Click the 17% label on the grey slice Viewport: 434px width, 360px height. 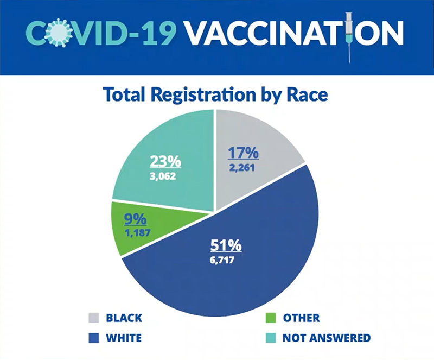pyautogui.click(x=243, y=153)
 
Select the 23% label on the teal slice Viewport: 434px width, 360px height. pyautogui.click(x=165, y=162)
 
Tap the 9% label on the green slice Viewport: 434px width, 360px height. pyautogui.click(x=135, y=219)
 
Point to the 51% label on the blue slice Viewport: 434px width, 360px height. pyautogui.click(x=226, y=245)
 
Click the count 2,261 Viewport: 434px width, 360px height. pyautogui.click(x=241, y=168)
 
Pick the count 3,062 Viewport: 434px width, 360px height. pyautogui.click(x=163, y=176)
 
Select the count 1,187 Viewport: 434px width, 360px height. pyautogui.click(x=137, y=233)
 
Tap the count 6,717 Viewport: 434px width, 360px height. pyautogui.click(x=222, y=260)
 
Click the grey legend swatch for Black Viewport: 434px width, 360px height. pyautogui.click(x=93, y=318)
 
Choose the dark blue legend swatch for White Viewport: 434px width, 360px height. pyautogui.click(x=93, y=338)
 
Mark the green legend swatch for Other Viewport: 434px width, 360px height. pyautogui.click(x=270, y=318)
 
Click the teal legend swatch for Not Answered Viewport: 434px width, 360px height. pyautogui.click(x=270, y=338)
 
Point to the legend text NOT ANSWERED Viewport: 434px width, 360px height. pyautogui.click(x=327, y=338)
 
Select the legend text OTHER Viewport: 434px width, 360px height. pyautogui.click(x=301, y=318)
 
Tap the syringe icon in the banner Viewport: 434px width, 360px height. pyautogui.click(x=349, y=37)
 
